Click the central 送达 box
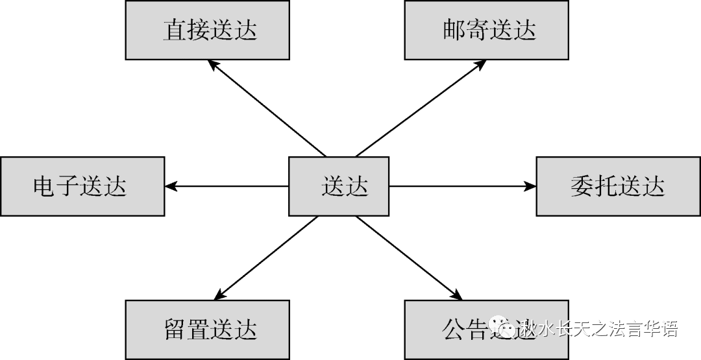[x=338, y=186]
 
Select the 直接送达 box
[x=208, y=30]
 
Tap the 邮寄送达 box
[x=487, y=30]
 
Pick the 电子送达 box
[x=82, y=186]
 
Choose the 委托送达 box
[x=618, y=186]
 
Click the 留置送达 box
[x=208, y=329]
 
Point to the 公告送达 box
[x=487, y=329]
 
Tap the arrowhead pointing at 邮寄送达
[x=481, y=64]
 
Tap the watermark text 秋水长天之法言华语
[x=597, y=329]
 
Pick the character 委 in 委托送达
[x=582, y=187]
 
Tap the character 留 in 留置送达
[x=173, y=330]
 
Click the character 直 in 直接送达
[x=173, y=31]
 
